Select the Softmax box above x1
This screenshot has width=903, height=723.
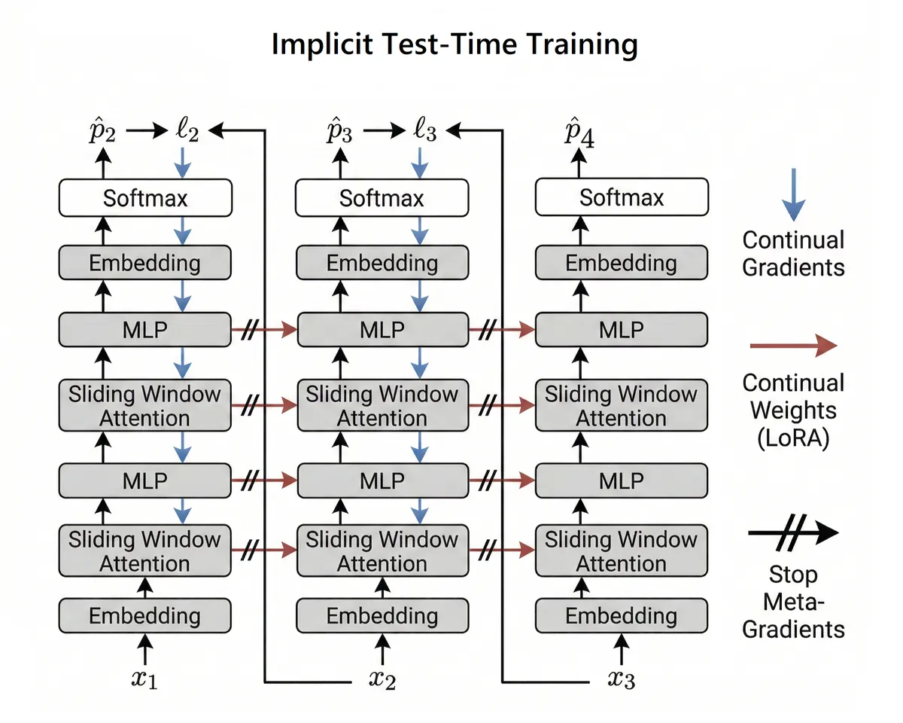(144, 198)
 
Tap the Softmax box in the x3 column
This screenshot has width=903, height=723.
(622, 197)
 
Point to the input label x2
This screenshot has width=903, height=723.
(382, 680)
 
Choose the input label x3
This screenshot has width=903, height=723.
(622, 680)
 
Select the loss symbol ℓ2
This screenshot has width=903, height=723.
(187, 133)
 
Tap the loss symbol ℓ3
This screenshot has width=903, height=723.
(425, 133)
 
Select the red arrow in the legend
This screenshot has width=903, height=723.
(793, 346)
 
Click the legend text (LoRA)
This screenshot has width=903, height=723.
(793, 438)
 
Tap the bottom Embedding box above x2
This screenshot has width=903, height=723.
(382, 615)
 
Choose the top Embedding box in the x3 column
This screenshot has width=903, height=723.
(622, 263)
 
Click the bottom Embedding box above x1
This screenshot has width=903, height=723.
(144, 615)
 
